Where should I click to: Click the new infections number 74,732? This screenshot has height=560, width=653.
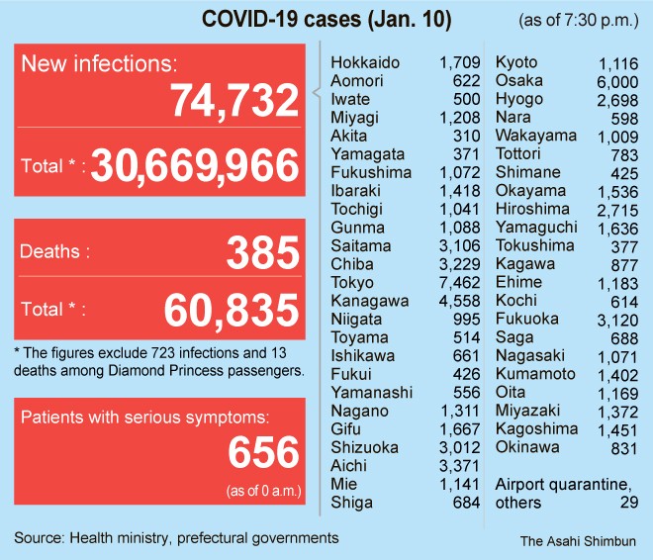click(x=233, y=101)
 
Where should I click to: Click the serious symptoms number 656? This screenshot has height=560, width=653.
click(x=262, y=452)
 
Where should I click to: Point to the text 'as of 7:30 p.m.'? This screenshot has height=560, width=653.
click(x=578, y=21)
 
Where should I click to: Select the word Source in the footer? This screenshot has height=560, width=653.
click(x=39, y=538)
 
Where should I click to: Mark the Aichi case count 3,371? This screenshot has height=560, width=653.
click(x=458, y=465)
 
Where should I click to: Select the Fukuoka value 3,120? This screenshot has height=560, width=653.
click(x=617, y=319)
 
